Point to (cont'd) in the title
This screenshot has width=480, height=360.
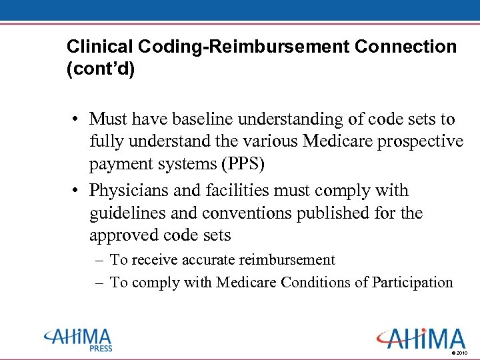[101, 69]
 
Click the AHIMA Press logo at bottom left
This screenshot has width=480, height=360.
[78, 339]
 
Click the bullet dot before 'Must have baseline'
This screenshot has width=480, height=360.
[79, 120]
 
